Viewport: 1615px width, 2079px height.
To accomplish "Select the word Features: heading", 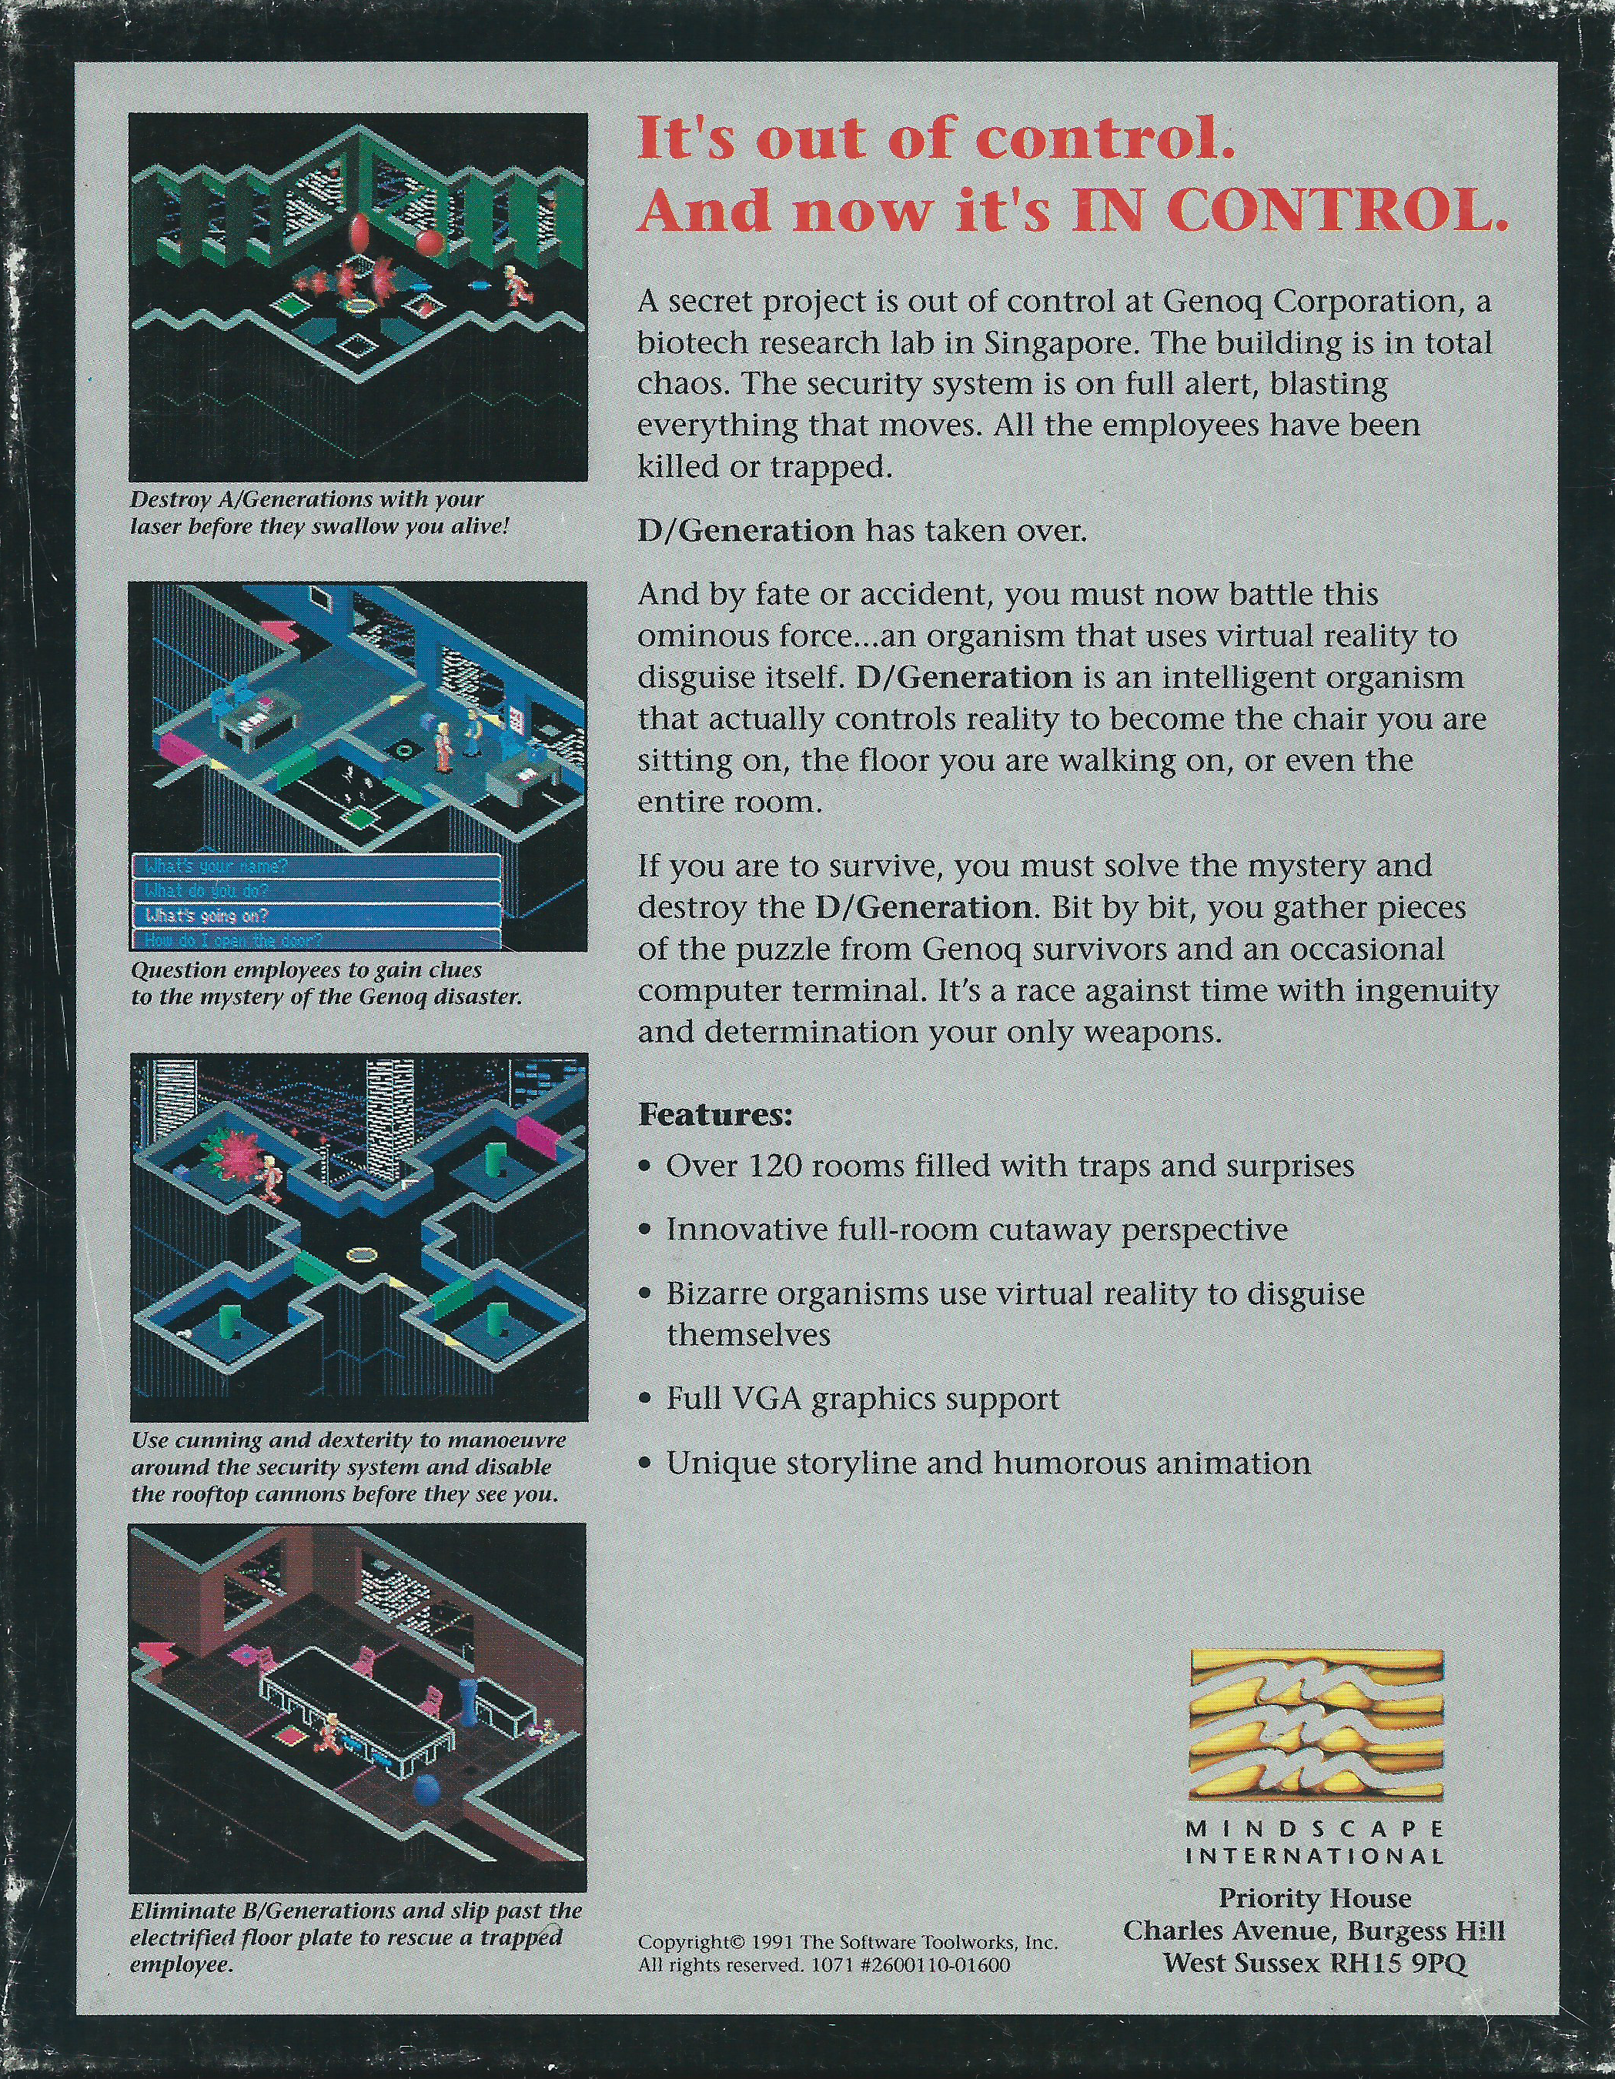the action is coord(715,1115).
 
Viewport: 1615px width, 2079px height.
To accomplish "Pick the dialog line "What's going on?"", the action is coord(206,916).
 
